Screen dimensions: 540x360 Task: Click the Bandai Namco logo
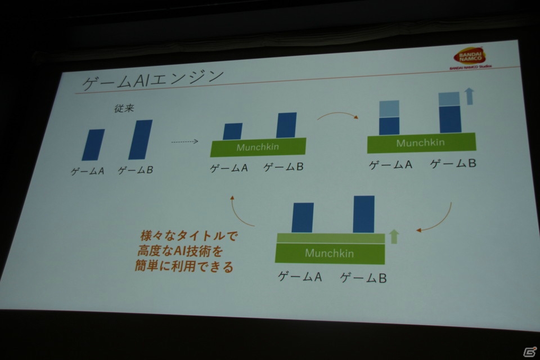470,58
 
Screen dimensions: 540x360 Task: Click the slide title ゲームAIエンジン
153,80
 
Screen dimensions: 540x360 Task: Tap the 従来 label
124,109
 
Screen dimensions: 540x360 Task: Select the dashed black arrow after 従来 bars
184,141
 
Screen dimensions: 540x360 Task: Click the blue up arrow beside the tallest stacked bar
469,96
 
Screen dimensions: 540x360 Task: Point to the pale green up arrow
394,236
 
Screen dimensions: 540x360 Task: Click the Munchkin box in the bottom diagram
330,253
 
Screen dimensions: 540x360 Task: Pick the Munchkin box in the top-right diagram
421,143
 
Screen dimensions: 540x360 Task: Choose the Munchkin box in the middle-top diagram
258,147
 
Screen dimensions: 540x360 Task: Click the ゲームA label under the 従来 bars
88,171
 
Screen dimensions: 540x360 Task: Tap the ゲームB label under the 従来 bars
136,170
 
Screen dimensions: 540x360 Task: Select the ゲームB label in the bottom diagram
363,278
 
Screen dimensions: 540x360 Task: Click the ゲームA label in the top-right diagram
390,165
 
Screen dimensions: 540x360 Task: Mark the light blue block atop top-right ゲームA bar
389,109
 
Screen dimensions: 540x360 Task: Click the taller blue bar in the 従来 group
141,139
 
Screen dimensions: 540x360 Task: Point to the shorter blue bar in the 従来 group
93,145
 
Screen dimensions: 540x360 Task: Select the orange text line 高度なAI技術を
180,251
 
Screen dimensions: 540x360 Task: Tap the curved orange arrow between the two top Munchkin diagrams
337,114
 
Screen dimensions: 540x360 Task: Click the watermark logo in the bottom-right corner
530,352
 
